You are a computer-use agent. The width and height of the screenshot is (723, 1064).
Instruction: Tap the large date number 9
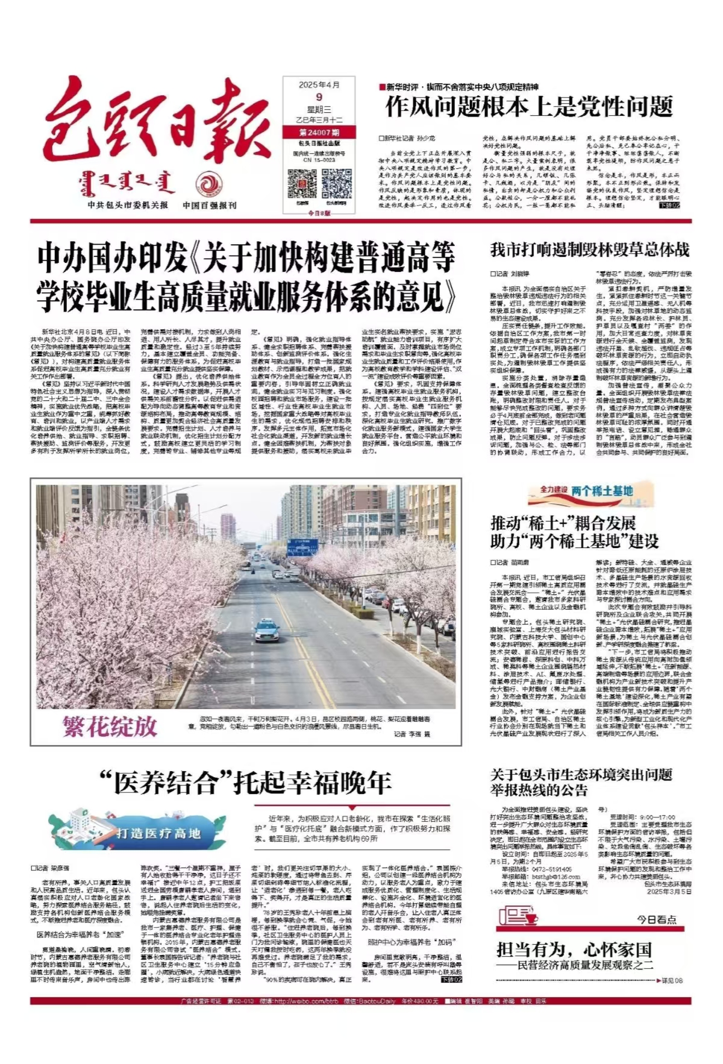[319, 97]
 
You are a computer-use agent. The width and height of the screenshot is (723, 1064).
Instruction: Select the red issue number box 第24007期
[319, 132]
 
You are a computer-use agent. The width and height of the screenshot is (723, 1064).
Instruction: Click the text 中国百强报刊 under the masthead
[210, 206]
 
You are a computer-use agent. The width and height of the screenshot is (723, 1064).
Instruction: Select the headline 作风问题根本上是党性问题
[528, 107]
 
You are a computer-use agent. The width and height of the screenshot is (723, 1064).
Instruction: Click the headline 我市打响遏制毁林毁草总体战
[589, 250]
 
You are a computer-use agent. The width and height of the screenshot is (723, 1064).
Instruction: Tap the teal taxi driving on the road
[267, 630]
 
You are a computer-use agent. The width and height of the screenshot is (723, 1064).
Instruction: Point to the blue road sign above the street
[302, 546]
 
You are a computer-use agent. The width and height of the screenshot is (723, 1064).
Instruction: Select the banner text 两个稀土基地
[602, 491]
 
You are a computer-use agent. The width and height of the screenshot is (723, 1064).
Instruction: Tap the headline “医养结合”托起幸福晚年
[246, 783]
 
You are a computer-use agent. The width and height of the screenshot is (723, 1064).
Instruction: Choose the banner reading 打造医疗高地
[158, 833]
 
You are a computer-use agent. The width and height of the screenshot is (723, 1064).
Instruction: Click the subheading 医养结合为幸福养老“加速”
[80, 935]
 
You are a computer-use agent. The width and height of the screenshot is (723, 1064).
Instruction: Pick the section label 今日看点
[657, 919]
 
